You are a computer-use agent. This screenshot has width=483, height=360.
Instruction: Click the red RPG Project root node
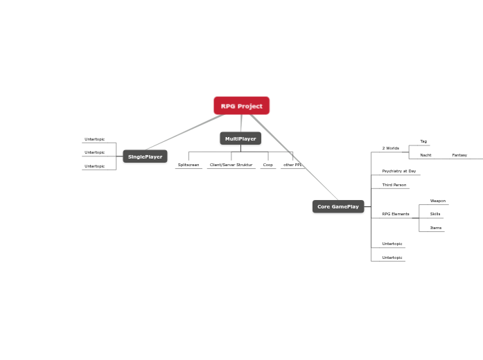point(241,106)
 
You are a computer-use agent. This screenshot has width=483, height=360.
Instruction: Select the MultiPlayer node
point(240,138)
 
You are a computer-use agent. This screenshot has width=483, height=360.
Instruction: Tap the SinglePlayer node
point(145,156)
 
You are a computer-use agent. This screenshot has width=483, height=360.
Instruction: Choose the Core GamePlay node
point(338,206)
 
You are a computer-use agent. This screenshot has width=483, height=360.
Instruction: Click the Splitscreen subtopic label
point(188,165)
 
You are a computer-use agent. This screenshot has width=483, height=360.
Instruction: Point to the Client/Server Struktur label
point(231,165)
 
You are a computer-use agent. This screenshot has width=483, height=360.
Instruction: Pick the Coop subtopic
point(267,165)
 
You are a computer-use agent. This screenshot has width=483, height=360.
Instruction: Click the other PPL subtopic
point(292,165)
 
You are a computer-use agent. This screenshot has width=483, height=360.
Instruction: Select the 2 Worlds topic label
point(391,148)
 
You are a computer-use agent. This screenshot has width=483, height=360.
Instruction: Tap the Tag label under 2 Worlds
point(423,141)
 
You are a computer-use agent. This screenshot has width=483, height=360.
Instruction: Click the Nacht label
point(425,155)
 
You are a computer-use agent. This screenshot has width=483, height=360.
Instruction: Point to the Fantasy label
point(459,155)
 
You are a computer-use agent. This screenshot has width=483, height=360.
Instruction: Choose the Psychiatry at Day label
point(399,171)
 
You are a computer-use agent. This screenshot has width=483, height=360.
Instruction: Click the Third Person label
point(394,185)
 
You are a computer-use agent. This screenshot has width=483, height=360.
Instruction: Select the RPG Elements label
point(396,214)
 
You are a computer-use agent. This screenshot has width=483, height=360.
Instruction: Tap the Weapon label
point(437,201)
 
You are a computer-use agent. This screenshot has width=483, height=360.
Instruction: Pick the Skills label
point(435,214)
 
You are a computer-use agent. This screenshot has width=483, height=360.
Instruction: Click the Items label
point(435,228)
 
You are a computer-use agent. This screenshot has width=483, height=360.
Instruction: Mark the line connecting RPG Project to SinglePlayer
point(184,132)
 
